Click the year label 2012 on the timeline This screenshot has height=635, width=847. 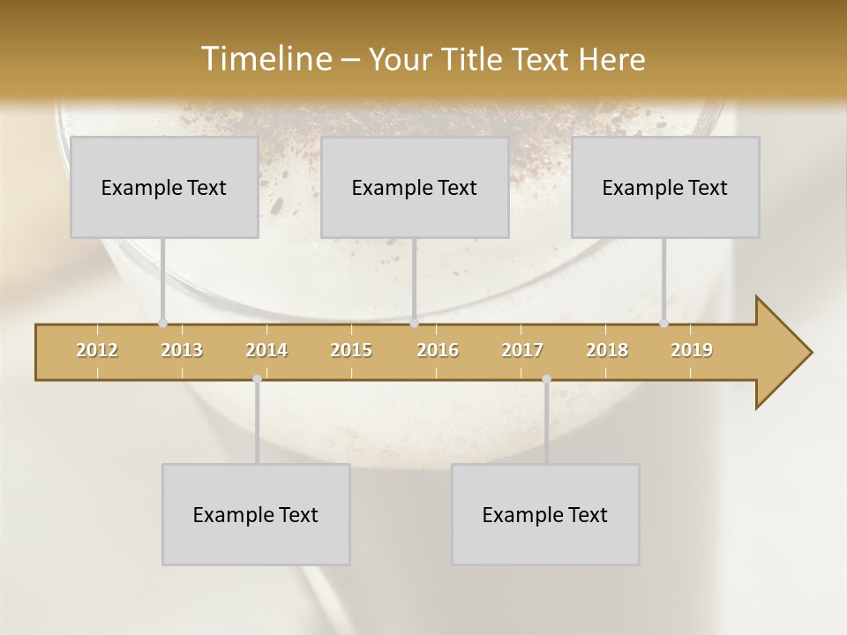tap(97, 350)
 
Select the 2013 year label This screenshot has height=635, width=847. tap(182, 350)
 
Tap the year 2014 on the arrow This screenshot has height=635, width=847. tap(266, 350)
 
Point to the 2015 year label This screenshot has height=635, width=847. tap(351, 350)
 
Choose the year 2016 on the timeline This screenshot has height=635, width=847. tap(438, 350)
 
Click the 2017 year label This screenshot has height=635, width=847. tap(522, 350)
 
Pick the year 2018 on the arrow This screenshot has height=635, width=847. tap(607, 350)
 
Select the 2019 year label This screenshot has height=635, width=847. tap(692, 350)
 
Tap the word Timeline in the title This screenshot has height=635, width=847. tap(265, 59)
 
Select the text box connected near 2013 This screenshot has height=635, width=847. tap(164, 187)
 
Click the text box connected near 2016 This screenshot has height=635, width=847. tap(415, 187)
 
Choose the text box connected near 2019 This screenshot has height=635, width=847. tap(665, 187)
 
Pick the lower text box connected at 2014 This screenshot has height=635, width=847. tap(256, 514)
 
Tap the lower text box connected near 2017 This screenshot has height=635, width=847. tap(545, 514)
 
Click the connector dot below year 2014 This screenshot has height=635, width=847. tap(257, 378)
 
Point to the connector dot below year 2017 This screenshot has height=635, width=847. tap(546, 378)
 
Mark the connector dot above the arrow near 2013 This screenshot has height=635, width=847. tap(162, 323)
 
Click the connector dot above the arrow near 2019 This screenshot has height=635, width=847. tap(663, 323)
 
